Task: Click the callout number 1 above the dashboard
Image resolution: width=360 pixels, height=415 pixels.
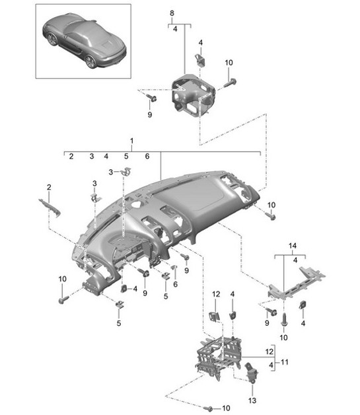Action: click(132, 141)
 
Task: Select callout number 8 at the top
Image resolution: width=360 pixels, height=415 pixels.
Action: click(172, 13)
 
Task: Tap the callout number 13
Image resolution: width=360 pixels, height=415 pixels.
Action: click(251, 400)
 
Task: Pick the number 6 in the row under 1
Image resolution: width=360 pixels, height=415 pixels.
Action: click(147, 157)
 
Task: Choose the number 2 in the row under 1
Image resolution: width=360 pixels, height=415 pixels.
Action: click(70, 157)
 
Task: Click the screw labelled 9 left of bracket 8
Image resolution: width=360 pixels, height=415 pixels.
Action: click(152, 98)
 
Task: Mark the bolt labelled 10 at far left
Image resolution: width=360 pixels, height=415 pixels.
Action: click(63, 300)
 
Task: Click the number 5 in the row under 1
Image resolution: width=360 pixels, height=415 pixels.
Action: click(126, 157)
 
